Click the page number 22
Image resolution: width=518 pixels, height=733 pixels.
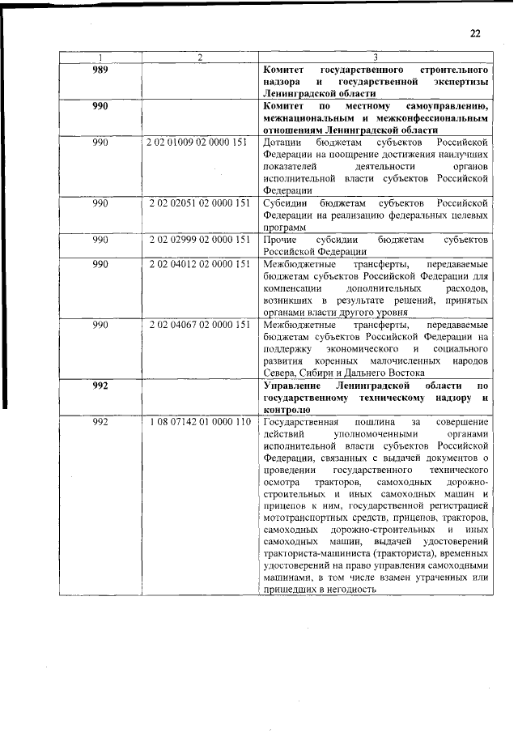(x=475, y=33)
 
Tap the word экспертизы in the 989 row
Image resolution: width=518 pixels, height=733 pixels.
(x=459, y=83)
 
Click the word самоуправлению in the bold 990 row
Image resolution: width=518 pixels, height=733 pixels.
(x=444, y=106)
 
